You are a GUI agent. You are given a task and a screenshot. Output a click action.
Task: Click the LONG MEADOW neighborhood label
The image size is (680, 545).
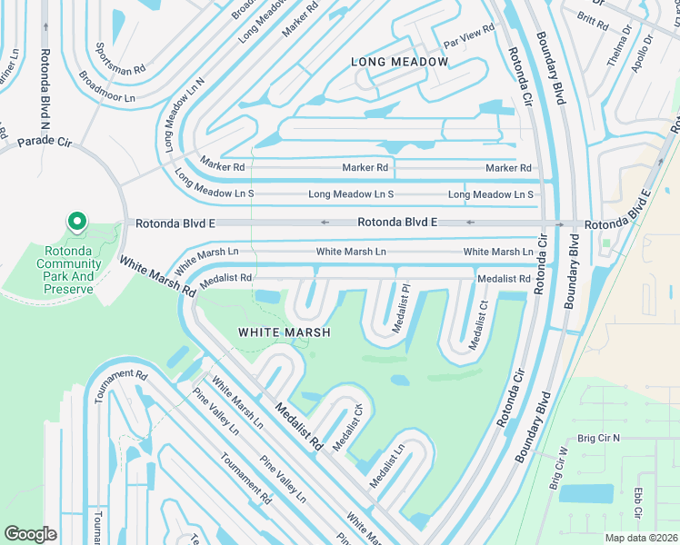(x=400, y=62)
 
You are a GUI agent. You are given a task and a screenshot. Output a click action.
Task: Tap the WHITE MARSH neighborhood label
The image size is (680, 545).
(x=283, y=332)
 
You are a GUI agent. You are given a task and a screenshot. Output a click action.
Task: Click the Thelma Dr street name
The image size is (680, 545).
(x=619, y=46)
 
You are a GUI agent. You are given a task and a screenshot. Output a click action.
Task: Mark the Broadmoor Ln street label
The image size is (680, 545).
(x=108, y=86)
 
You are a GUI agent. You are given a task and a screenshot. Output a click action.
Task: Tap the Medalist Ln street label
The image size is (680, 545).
(x=387, y=465)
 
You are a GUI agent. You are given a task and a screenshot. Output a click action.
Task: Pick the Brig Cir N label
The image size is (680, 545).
(x=596, y=438)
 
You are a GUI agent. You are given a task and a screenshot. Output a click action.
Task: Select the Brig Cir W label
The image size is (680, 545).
(x=557, y=469)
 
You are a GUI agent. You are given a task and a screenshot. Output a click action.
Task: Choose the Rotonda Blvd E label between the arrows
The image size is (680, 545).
(x=396, y=223)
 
